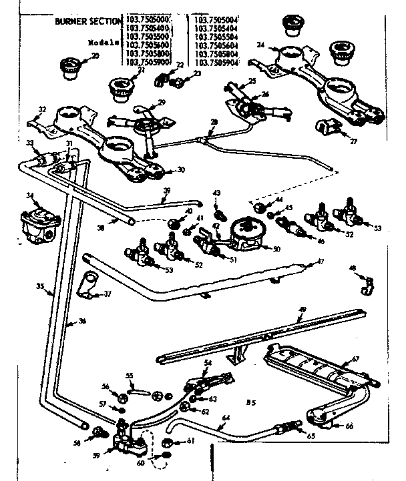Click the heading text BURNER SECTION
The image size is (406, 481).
coord(89,21)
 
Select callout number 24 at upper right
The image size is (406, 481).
coord(261,45)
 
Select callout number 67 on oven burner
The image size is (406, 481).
coord(355,359)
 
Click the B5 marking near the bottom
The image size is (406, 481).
coord(251,402)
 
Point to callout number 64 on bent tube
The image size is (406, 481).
coord(225,418)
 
